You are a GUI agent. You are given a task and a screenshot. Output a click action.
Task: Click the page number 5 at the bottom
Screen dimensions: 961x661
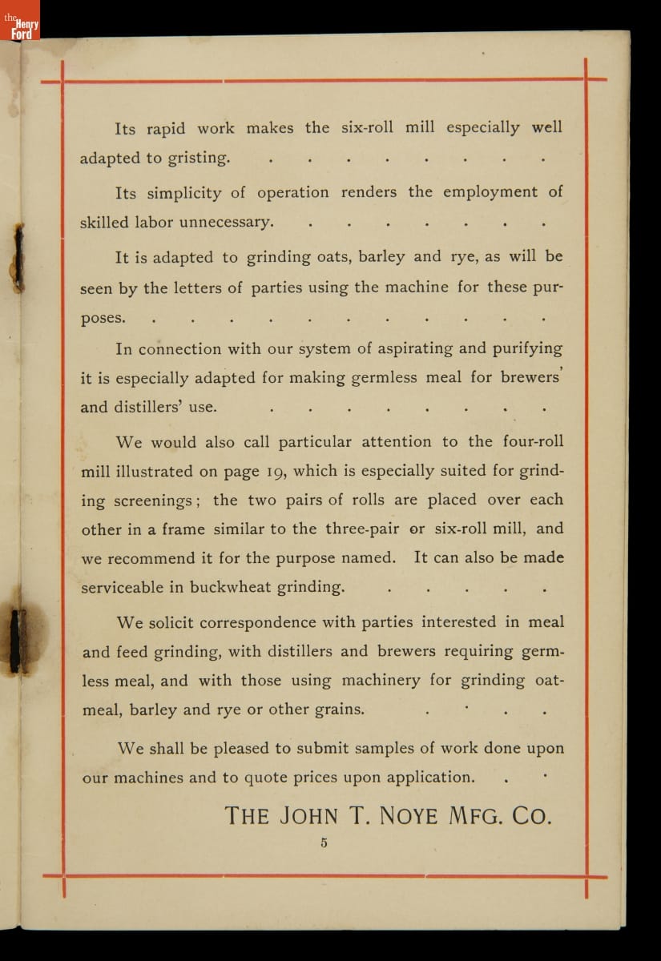click(x=324, y=842)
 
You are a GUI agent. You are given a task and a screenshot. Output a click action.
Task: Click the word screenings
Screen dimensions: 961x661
click(x=151, y=501)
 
